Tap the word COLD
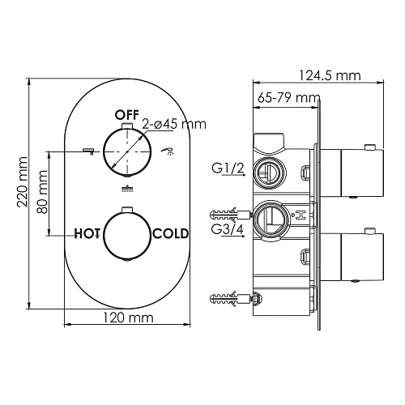(171, 233)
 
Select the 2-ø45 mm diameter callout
(173, 124)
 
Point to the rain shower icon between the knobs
(126, 190)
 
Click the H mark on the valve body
(300, 216)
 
